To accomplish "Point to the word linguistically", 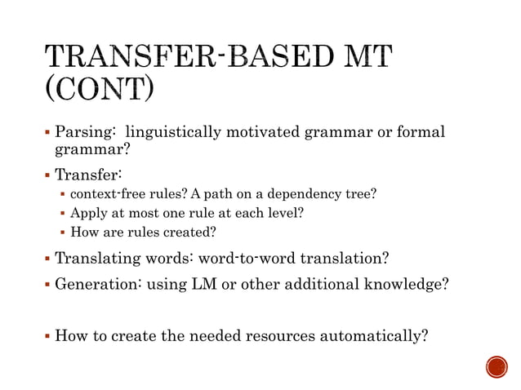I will point(172,132).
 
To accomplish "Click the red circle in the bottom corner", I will point(496,366).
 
